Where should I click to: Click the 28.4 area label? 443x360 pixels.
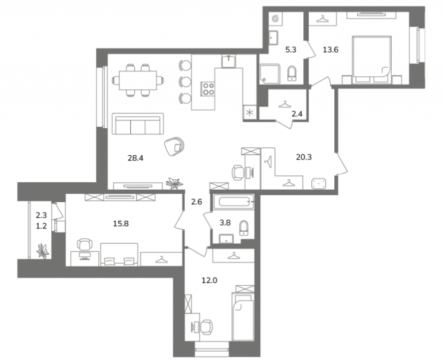pos(136,158)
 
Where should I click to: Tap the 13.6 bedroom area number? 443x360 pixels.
pos(331,50)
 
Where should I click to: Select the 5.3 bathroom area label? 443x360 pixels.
pos(291,50)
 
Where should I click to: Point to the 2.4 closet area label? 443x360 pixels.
pos(297,114)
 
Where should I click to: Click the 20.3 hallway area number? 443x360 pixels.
pos(304,157)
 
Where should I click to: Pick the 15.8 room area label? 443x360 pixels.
pos(121,224)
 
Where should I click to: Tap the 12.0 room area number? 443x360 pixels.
pos(209,280)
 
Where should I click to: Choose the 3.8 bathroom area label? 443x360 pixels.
pos(225,223)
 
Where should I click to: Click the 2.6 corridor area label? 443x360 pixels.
pos(197,202)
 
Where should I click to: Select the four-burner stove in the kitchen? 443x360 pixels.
pos(208,89)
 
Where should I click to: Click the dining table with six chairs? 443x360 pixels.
pos(138,80)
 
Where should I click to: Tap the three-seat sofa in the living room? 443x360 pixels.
pos(138,124)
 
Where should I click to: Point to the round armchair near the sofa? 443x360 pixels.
pos(174,146)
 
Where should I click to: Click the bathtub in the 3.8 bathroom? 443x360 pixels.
pos(234,202)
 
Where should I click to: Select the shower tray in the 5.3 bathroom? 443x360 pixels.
pos(269,74)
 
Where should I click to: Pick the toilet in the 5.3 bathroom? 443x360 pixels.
pos(291,73)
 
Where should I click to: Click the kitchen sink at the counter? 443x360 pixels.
pos(228,62)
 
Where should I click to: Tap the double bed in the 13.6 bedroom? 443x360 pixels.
pos(372,60)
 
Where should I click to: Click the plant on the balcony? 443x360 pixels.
pos(43,251)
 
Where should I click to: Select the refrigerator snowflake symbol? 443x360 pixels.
pos(249,113)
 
